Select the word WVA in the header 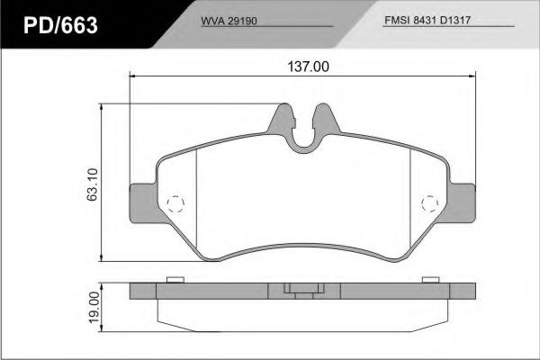coord(210,18)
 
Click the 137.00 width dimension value coord(303,66)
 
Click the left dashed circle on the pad coord(177,202)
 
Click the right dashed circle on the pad coord(429,202)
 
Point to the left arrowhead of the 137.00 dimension coord(135,76)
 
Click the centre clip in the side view coord(302,290)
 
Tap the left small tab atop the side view coord(175,279)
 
